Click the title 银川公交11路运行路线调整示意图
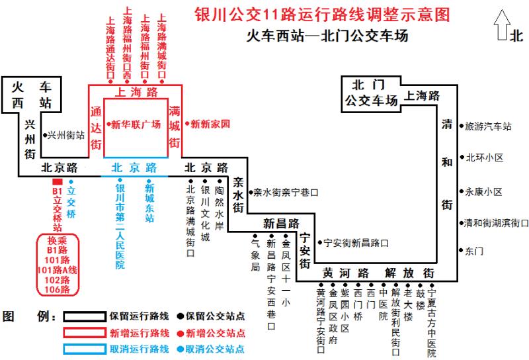click(x=322, y=15)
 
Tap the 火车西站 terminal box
click(x=32, y=95)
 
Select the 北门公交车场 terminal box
click(x=371, y=94)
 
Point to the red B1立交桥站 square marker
click(x=58, y=182)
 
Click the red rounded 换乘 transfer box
click(x=58, y=265)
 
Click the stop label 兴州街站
click(x=65, y=135)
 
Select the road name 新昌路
click(x=282, y=223)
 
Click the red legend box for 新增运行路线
click(x=85, y=333)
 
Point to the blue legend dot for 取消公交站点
click(x=181, y=349)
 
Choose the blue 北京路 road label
click(x=134, y=167)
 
